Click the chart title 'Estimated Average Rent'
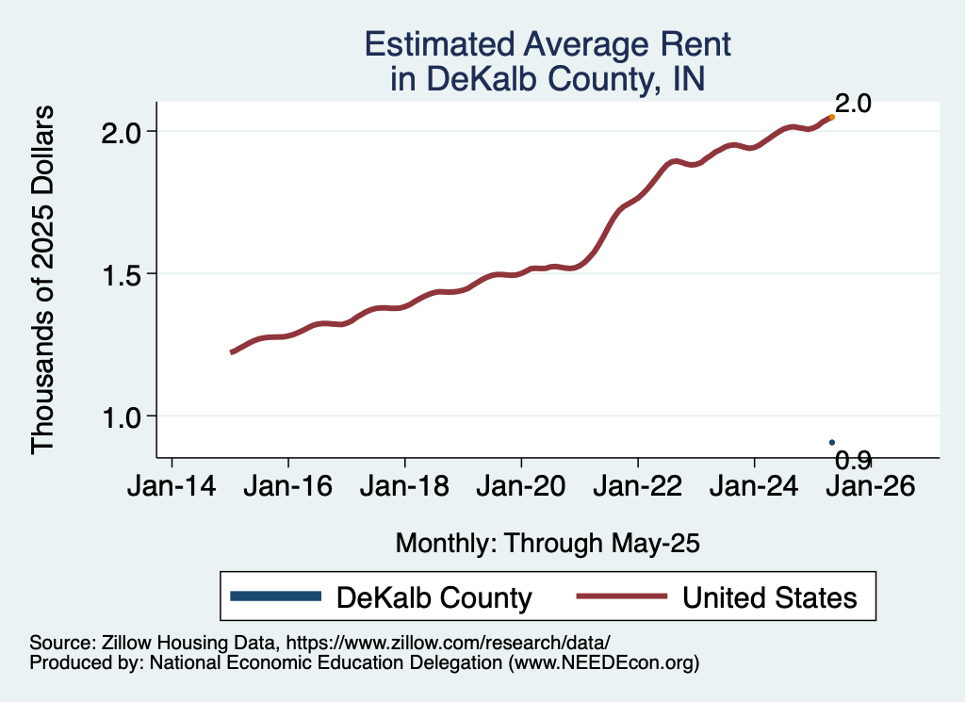[x=548, y=44]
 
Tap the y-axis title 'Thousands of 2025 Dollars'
[x=42, y=279]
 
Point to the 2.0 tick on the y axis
[x=122, y=131]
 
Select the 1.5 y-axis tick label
[x=122, y=273]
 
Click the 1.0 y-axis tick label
[x=122, y=416]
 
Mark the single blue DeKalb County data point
[x=832, y=442]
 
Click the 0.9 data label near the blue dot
[x=854, y=460]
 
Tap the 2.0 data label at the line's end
[x=853, y=104]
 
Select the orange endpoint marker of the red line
[x=831, y=118]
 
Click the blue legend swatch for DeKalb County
[x=276, y=596]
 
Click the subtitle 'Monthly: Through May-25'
[x=548, y=543]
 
